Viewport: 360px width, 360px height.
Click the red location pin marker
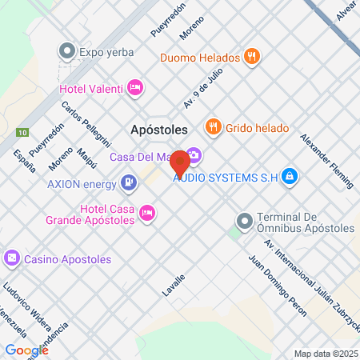[x=181, y=162]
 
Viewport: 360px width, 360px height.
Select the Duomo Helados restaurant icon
[x=251, y=57]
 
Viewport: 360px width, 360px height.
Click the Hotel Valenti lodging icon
[x=135, y=87]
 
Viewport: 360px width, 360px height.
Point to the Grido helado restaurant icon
[x=213, y=126]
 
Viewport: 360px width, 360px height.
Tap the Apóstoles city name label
[x=158, y=128]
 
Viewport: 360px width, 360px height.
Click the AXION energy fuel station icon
[x=128, y=183]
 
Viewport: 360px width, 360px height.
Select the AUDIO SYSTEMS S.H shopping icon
[x=290, y=177]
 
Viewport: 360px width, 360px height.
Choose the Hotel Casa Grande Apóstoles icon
[x=147, y=212]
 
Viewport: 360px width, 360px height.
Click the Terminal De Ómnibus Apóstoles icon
[x=244, y=218]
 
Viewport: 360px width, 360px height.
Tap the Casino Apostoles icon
[x=12, y=258]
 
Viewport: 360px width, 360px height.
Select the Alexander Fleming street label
[x=326, y=160]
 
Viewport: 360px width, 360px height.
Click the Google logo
[x=26, y=350]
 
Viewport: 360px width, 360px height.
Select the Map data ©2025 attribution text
[x=326, y=353]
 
